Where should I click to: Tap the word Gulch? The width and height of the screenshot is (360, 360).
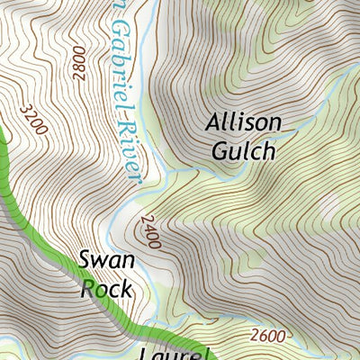click(243, 150)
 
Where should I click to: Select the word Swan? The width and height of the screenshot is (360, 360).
click(106, 262)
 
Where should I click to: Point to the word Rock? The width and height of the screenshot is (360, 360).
click(106, 289)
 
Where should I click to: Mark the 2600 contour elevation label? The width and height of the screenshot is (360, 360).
click(268, 336)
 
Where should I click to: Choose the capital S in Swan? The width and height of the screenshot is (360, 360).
click(85, 262)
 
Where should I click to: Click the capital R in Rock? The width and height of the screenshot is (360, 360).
click(87, 289)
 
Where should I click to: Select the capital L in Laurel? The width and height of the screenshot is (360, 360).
click(147, 353)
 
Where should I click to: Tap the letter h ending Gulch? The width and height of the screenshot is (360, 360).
click(268, 150)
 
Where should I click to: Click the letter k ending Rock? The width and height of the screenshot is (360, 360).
click(128, 289)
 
